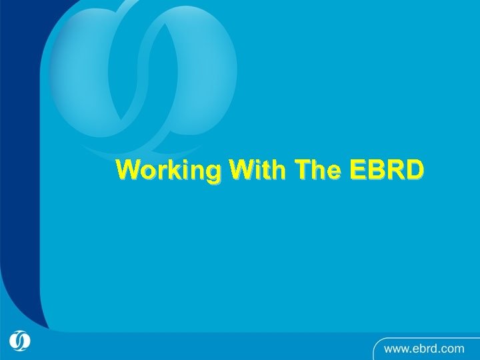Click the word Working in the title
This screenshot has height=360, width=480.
(169, 171)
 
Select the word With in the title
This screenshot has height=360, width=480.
(259, 170)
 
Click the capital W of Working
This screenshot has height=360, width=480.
(128, 170)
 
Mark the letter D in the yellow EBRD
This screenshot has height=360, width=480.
(413, 170)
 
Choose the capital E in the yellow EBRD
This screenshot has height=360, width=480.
(360, 170)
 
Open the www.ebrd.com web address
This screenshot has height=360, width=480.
(423, 347)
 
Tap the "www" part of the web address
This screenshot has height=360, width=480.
(395, 348)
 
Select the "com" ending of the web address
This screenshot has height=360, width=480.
(452, 348)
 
